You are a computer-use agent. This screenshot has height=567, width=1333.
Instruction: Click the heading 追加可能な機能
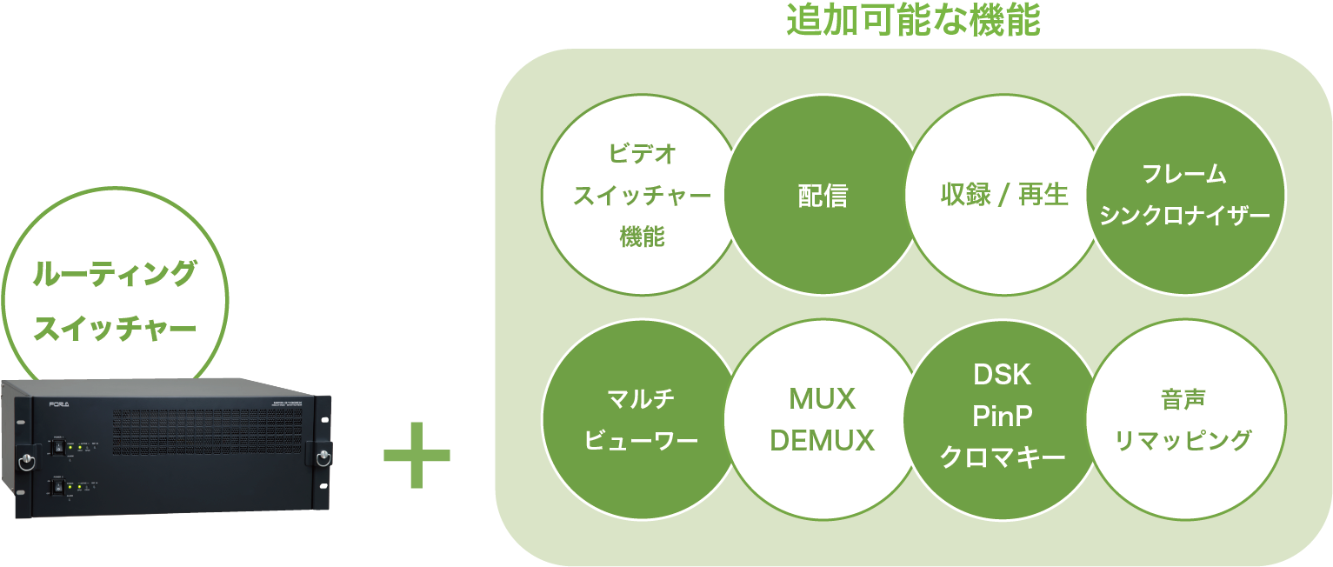coord(912,21)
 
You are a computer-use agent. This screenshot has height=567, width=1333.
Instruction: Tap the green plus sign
coord(417,455)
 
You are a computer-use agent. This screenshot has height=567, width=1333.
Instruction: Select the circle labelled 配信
coord(823,196)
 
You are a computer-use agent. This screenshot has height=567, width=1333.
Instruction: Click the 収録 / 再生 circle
coord(1003,196)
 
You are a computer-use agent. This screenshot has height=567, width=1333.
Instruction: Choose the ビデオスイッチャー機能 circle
coord(642,196)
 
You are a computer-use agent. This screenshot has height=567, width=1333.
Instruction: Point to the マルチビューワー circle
coord(642,420)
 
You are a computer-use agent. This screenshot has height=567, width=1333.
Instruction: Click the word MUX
coord(822,399)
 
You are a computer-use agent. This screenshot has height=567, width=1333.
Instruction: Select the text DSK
coord(1003,375)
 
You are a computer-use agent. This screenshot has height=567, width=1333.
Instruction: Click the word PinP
coord(1003,417)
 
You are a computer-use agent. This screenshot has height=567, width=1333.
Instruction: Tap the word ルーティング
coord(114,275)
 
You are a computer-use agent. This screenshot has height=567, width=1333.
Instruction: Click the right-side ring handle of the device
coord(323,457)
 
